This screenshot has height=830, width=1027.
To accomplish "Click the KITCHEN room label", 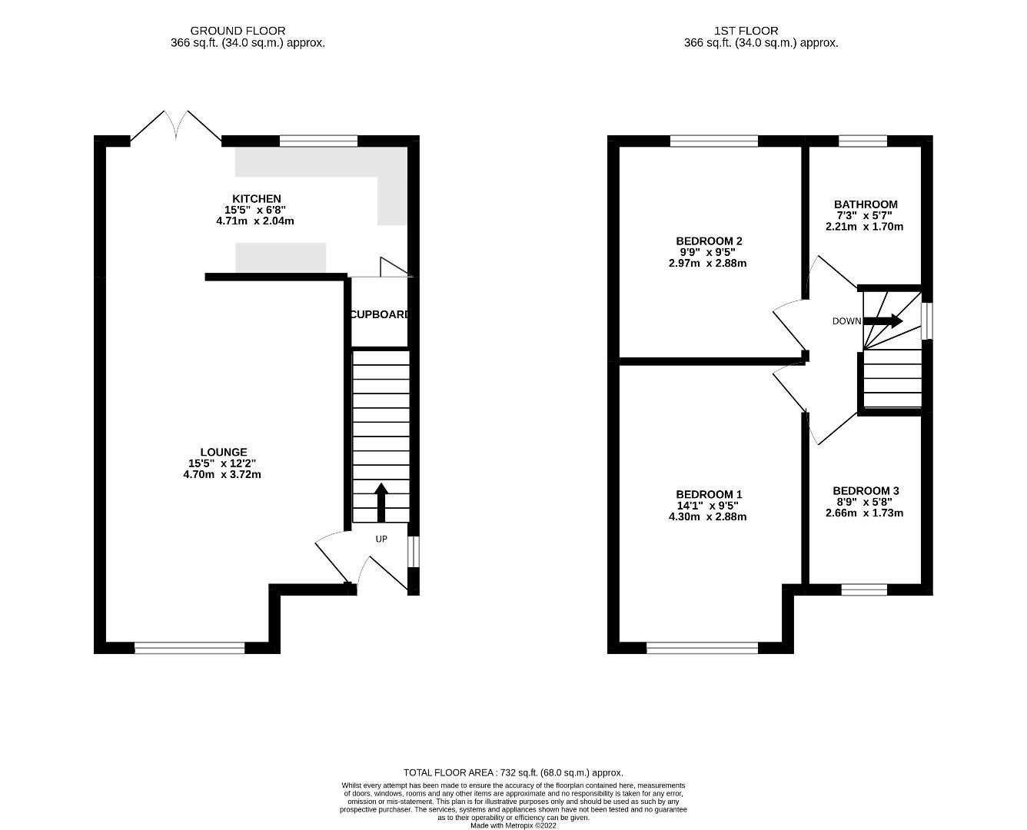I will (257, 199).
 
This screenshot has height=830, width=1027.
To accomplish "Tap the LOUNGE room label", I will (223, 453).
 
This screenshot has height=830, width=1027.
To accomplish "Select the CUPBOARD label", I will (380, 314).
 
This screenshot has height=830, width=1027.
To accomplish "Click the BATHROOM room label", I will (866, 204).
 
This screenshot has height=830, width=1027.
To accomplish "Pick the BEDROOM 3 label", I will (866, 490).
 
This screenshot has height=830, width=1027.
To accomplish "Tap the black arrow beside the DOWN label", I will (883, 320).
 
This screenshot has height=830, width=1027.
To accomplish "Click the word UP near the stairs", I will (381, 539).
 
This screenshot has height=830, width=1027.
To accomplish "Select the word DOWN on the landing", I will (846, 321).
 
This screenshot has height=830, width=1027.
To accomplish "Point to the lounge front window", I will (189, 648).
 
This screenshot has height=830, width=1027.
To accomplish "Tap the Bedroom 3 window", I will (863, 589).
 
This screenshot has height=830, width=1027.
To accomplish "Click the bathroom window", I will (862, 141).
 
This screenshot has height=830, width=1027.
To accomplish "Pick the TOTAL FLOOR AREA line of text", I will (513, 772).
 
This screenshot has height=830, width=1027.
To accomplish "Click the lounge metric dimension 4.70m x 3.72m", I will (222, 474).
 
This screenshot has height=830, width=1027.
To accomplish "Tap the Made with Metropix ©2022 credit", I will (513, 825).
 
